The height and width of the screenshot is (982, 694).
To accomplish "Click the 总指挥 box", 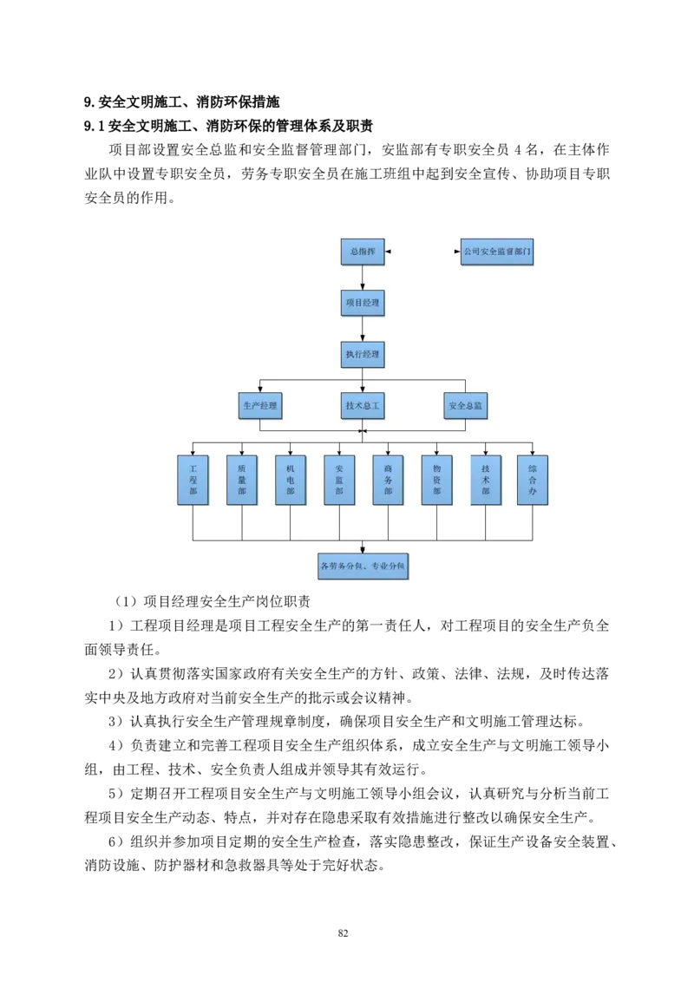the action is (x=362, y=252).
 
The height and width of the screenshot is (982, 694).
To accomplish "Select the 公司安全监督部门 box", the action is (x=496, y=252).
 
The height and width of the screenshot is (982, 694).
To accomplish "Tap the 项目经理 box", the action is (x=362, y=303).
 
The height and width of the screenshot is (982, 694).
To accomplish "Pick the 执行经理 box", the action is (x=362, y=354).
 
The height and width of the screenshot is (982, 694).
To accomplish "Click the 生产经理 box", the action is (x=260, y=405).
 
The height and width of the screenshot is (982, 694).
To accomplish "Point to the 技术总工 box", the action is (x=362, y=405).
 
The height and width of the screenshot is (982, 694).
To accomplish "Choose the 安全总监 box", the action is (x=466, y=405).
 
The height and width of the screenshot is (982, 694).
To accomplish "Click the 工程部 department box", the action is (x=193, y=480).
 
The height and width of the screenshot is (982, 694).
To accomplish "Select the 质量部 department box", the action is (x=242, y=480).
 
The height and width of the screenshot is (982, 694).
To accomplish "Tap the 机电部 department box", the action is (x=291, y=480).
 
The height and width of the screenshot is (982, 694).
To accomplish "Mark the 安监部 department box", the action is (x=339, y=480).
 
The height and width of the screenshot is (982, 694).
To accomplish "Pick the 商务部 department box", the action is (x=388, y=480).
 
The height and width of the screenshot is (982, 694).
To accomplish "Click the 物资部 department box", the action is (x=436, y=480).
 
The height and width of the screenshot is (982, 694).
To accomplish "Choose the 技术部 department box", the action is (x=486, y=480).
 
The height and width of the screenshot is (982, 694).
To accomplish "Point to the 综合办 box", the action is (x=533, y=480).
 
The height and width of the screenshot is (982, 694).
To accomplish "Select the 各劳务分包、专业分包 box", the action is (x=363, y=567).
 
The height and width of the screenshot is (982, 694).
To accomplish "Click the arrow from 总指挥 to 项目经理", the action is (x=363, y=278).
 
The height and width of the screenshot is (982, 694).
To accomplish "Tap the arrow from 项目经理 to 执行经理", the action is (x=363, y=329).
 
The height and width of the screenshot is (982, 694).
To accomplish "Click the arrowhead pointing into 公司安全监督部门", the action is (x=457, y=252).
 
